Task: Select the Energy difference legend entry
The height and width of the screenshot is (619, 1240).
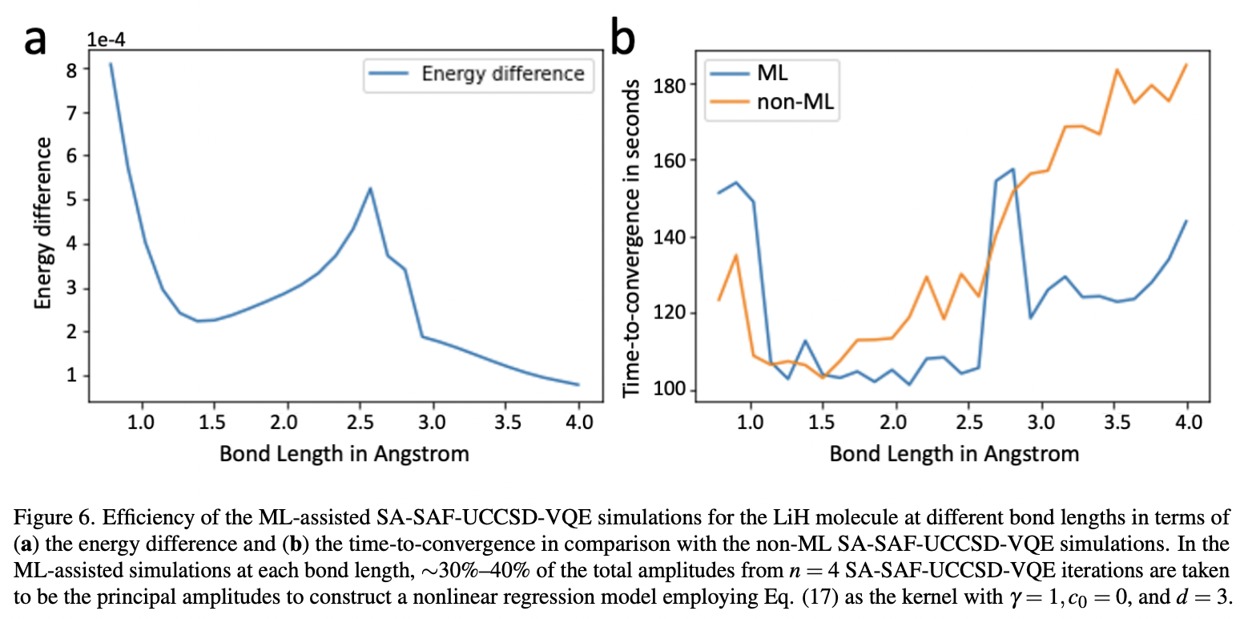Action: [x=502, y=74]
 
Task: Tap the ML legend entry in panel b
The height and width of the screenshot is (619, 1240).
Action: [x=772, y=72]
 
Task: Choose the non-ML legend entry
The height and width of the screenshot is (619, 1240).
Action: [x=789, y=101]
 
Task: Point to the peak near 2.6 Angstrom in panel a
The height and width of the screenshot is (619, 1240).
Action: [x=370, y=188]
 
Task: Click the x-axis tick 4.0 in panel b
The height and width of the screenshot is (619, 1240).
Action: [x=1186, y=422]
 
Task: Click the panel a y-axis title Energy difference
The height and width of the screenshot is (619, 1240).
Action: [x=43, y=224]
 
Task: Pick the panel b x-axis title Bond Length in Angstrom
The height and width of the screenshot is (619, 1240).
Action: [x=953, y=454]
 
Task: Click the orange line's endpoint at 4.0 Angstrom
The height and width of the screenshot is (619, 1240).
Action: [x=1186, y=65]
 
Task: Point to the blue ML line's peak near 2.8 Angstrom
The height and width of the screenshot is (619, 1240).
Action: [x=1013, y=169]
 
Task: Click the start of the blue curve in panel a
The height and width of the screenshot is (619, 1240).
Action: [x=111, y=63]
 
